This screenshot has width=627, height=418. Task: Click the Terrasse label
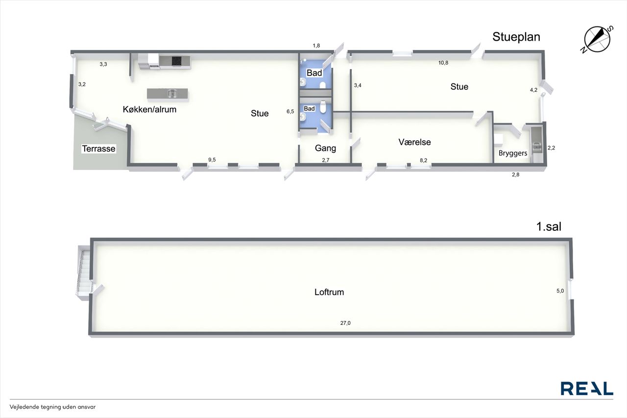(x=98, y=148)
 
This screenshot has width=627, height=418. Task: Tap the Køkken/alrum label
(x=149, y=109)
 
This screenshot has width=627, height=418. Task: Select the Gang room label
(x=325, y=148)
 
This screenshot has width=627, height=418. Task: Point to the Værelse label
(x=414, y=142)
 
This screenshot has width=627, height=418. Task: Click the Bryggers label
(x=513, y=153)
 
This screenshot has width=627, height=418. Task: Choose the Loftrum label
(x=329, y=292)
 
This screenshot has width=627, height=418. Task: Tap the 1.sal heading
(x=549, y=226)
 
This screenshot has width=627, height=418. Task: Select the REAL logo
(x=587, y=389)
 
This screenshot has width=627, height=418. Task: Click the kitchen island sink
(x=172, y=93)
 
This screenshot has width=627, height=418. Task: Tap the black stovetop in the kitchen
(x=177, y=61)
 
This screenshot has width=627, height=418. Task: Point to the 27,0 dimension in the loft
(x=345, y=323)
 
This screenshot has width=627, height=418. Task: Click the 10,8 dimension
(x=443, y=63)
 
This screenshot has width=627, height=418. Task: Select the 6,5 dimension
(x=290, y=111)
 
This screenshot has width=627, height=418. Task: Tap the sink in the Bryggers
(x=536, y=146)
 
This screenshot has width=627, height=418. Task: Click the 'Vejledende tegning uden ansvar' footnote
(x=52, y=407)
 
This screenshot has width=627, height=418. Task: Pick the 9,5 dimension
(x=212, y=160)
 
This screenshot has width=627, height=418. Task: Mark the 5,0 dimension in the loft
(x=560, y=291)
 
